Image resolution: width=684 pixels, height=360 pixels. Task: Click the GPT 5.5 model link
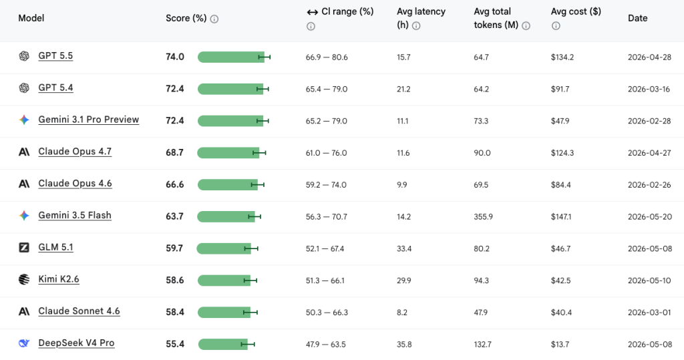point(55,56)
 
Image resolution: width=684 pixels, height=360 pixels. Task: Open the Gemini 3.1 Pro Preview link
point(89,120)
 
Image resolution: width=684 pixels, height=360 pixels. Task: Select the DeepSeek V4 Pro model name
point(76,343)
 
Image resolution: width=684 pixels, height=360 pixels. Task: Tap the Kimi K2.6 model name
point(59,279)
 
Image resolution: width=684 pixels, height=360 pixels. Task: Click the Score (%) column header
point(186,18)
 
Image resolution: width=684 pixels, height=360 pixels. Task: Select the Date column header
point(638,18)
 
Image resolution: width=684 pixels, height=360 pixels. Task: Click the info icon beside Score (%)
point(214,19)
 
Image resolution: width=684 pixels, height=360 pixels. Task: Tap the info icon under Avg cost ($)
point(556,26)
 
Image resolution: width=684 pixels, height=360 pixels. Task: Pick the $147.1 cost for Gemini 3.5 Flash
point(561,217)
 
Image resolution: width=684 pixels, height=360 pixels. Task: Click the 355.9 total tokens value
point(484,217)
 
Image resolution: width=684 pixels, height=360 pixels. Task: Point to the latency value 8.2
point(402,313)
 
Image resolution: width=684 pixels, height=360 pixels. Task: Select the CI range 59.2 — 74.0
point(326,185)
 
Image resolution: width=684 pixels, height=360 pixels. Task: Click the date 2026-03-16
point(649,89)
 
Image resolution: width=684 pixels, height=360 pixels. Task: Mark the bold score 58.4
point(175,312)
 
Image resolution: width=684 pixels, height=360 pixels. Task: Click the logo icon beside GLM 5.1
point(24,247)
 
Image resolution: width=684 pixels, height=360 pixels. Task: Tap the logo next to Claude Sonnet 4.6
point(24,311)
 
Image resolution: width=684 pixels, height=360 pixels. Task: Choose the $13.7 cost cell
point(560,344)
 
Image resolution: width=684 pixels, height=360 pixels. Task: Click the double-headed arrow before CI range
point(313,12)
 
